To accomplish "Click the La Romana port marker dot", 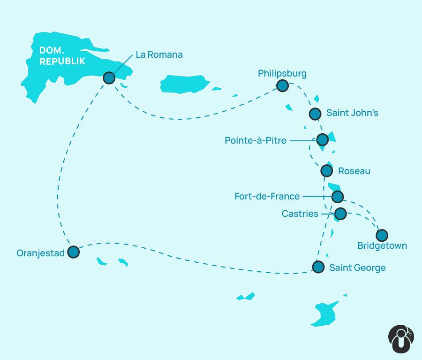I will [x=109, y=78].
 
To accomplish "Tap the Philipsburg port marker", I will [x=282, y=85].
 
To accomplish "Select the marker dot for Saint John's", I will [x=315, y=114].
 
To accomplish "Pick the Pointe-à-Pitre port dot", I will [x=323, y=139].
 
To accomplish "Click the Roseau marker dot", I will [x=327, y=170].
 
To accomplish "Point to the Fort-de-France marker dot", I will [x=337, y=196].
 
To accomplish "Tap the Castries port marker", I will [x=340, y=214].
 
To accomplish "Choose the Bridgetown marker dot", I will [x=382, y=235].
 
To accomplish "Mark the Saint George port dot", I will [x=318, y=267].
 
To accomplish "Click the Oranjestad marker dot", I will [x=73, y=252].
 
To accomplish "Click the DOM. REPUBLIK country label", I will [x=62, y=55].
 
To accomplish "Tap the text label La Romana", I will [x=159, y=54].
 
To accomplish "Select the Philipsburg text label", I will [x=282, y=73].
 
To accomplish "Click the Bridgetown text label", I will [x=382, y=246].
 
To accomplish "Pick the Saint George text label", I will [x=357, y=268].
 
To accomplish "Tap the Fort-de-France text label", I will [x=267, y=196].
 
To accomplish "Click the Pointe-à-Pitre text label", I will [x=256, y=140].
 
